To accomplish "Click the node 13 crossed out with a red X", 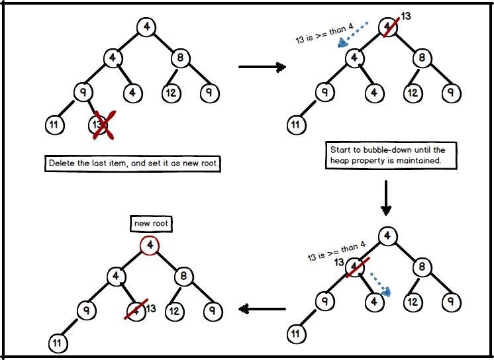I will click(x=99, y=124).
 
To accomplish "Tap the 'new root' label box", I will click(x=151, y=224).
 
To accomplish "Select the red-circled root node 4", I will click(x=151, y=246).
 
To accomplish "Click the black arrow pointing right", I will click(x=262, y=67).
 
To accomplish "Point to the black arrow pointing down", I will click(x=386, y=198).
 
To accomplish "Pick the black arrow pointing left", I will click(x=262, y=308).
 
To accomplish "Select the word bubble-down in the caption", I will click(x=385, y=150).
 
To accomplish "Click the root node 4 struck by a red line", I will click(x=388, y=27).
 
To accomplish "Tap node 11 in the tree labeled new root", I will click(x=57, y=343).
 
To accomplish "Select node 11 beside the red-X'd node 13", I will click(x=54, y=124).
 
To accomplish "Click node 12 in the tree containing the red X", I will click(x=171, y=92).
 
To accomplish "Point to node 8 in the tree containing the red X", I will click(x=180, y=58).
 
